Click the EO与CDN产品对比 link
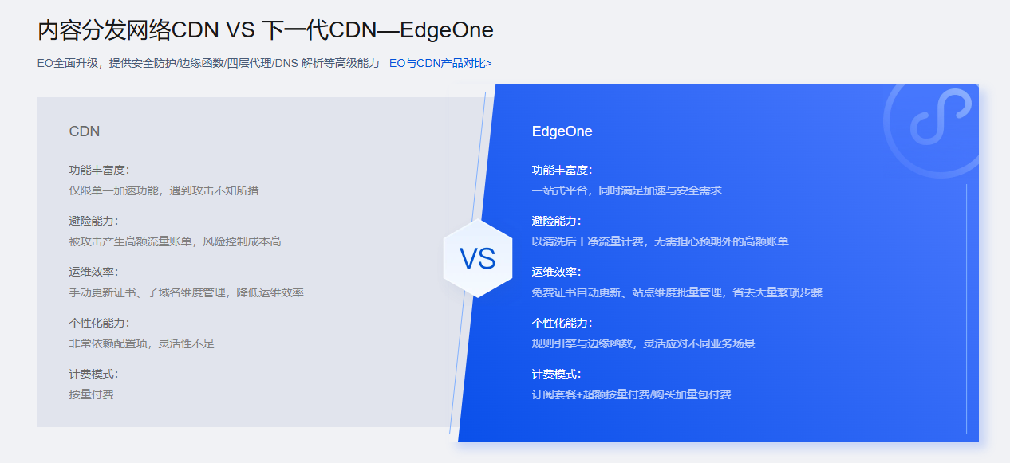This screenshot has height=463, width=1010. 440,63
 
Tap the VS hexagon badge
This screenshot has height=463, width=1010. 477,258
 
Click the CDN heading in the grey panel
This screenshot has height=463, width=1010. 85,131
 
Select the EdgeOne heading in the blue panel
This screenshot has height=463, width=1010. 562,131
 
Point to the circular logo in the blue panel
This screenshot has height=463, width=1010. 930,120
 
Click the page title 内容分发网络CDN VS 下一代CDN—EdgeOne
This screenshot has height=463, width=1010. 265,30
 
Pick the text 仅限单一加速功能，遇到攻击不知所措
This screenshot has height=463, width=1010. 164,190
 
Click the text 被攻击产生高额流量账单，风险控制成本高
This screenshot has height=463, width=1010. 175,241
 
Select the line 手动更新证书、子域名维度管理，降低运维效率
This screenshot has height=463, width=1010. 186,292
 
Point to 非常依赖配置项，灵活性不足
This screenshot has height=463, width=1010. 141,343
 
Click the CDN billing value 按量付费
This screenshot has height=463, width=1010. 91,394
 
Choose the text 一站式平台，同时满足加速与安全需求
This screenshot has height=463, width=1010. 626,190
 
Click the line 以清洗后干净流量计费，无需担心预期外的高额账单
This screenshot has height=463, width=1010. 660,241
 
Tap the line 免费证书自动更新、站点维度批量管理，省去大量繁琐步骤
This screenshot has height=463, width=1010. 677,292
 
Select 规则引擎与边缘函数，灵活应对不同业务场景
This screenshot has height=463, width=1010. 643,343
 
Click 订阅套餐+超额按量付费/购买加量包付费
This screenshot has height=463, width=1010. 631,394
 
